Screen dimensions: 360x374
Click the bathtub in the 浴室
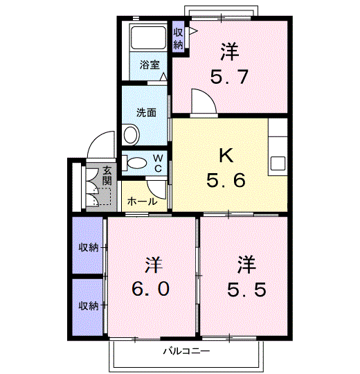pyautogui.click(x=148, y=37)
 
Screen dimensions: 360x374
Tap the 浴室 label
pyautogui.click(x=150, y=64)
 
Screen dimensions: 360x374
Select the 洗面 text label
pyautogui.click(x=146, y=112)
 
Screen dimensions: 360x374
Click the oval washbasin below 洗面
pyautogui.click(x=131, y=134)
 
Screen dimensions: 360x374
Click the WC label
pyautogui.click(x=158, y=163)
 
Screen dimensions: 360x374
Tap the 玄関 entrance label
pyautogui.click(x=107, y=176)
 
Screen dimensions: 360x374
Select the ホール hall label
pyautogui.click(x=143, y=202)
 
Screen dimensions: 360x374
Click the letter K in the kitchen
pyautogui.click(x=226, y=155)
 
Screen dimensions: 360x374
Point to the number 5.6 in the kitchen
pyautogui.click(x=226, y=180)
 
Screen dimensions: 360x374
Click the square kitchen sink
pyautogui.click(x=278, y=163)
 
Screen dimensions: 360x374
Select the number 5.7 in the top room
pyautogui.click(x=229, y=77)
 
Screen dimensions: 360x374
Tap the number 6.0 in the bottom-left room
pyautogui.click(x=151, y=289)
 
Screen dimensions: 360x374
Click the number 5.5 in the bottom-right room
pyautogui.click(x=246, y=290)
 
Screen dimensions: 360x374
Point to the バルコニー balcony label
pyautogui.click(x=187, y=351)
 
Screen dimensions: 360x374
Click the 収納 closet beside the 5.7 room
pyautogui.click(x=178, y=39)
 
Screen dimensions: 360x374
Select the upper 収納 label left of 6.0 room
pyautogui.click(x=89, y=247)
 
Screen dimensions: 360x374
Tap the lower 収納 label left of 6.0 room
pyautogui.click(x=89, y=305)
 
